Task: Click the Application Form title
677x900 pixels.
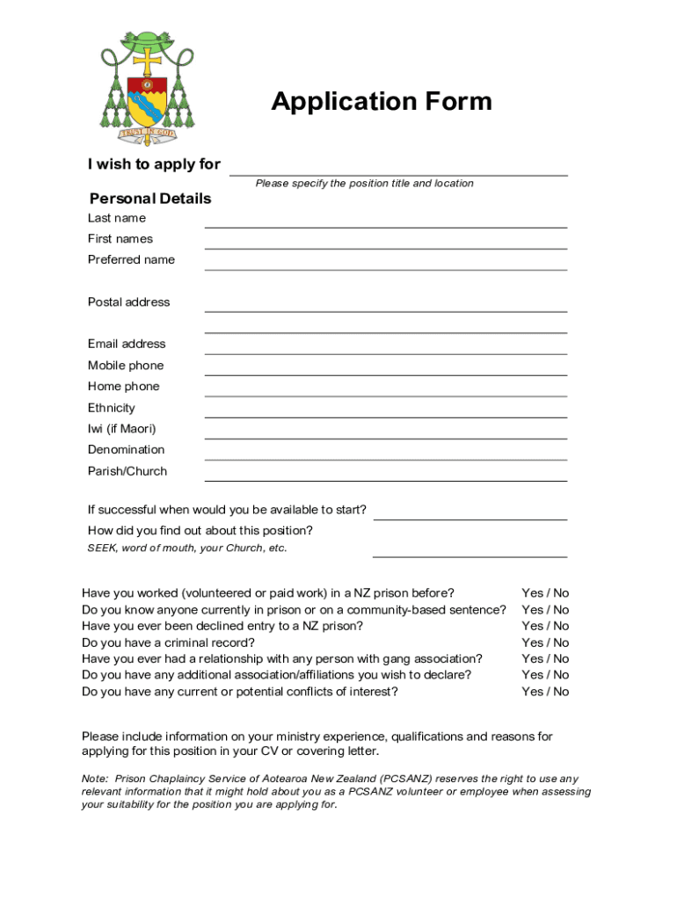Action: [x=381, y=102]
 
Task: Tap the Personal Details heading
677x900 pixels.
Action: [x=150, y=199]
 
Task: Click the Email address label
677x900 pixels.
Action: [x=127, y=344]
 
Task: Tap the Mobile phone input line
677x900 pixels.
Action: [x=385, y=368]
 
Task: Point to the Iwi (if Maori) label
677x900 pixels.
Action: [x=121, y=429]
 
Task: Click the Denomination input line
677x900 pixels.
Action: [x=385, y=453]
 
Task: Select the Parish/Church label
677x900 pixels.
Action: [x=127, y=471]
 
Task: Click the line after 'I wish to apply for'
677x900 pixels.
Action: [x=398, y=169]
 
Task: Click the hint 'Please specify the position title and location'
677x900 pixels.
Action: [x=364, y=184]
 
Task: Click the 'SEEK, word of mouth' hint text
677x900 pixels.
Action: [x=187, y=548]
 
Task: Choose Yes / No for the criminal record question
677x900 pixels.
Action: [x=545, y=642]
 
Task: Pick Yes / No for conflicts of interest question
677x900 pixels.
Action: [x=545, y=692]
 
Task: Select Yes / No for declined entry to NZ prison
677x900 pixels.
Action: [x=545, y=626]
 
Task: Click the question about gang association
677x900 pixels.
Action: [x=282, y=658]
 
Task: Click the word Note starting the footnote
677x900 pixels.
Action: [x=94, y=779]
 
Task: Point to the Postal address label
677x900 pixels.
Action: [x=129, y=301]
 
